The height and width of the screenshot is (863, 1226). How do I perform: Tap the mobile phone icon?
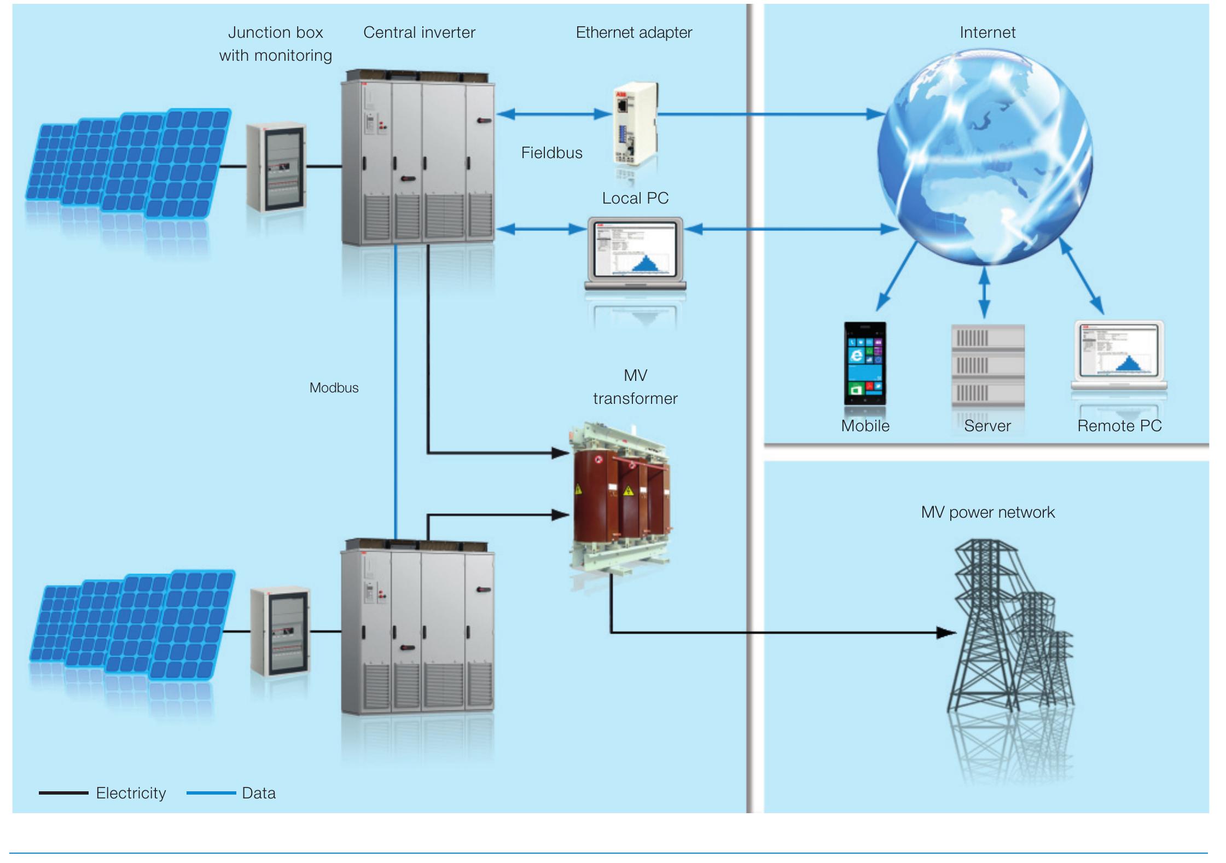(864, 363)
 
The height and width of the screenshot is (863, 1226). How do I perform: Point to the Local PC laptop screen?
(635, 249)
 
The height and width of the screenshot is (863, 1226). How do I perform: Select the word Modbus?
(334, 388)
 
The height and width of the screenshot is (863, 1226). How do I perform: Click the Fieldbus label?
(551, 153)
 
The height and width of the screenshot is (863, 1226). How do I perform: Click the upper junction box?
(276, 167)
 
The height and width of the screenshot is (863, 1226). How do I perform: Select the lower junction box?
(280, 632)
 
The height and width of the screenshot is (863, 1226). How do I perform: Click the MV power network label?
(987, 512)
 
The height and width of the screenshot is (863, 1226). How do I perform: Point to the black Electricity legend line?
(63, 793)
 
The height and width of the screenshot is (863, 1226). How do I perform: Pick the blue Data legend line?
(211, 793)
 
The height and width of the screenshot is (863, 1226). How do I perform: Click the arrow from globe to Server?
(984, 293)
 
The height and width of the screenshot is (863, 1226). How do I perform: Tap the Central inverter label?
(419, 33)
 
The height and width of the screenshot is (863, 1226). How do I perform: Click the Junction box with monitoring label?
(275, 44)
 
